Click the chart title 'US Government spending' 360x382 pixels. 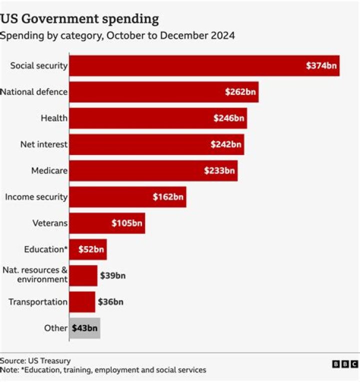click(79, 19)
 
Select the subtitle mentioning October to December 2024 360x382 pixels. click(117, 36)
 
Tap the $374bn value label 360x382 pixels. click(321, 65)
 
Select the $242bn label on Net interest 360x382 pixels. click(226, 144)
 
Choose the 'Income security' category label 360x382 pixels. click(36, 197)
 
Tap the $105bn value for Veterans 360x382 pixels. click(127, 223)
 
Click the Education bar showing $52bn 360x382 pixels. click(88, 249)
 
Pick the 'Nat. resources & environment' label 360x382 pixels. click(35, 275)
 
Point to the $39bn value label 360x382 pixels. click(113, 275)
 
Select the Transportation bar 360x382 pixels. click(82, 302)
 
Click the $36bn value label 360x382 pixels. click(110, 302)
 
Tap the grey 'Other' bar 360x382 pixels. click(84, 328)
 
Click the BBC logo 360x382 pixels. click(345, 364)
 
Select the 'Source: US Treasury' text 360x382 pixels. click(35, 360)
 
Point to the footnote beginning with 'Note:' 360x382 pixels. click(103, 370)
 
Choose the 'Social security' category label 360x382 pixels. click(38, 66)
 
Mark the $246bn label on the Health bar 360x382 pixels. click(229, 118)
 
